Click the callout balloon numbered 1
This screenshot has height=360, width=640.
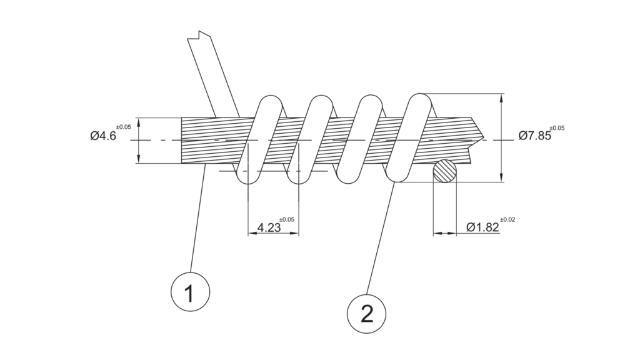pos(190,292)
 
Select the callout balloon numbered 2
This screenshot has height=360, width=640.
pos(366,314)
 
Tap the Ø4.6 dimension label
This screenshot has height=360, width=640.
pos(103,136)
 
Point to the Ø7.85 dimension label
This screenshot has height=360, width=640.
pos(535,136)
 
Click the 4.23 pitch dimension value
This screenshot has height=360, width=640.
pos(269,227)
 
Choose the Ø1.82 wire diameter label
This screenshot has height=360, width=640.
pos(483,227)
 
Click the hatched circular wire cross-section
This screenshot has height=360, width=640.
pos(445,171)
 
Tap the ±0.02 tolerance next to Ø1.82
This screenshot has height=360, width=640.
pos(507,219)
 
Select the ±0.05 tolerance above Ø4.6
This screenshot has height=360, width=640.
pos(124,127)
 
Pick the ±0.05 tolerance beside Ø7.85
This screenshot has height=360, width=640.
pos(557,128)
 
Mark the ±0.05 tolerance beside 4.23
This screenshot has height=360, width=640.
pos(286,219)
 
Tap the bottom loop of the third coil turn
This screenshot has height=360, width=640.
pos(348,179)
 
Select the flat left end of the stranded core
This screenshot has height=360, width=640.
pos(182,141)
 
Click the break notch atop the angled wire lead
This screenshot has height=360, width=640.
pos(199,35)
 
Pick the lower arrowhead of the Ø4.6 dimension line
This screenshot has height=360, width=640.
pos(139,159)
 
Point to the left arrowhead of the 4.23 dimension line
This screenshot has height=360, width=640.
pos(253,234)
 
